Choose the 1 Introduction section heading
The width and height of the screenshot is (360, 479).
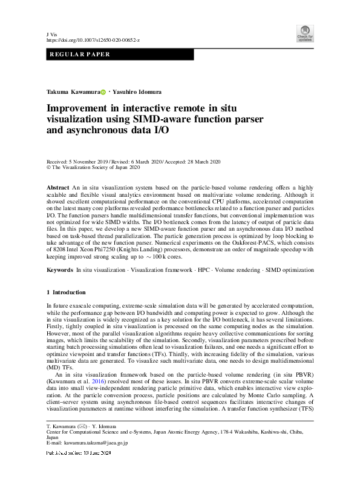pyautogui.click(x=69, y=292)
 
